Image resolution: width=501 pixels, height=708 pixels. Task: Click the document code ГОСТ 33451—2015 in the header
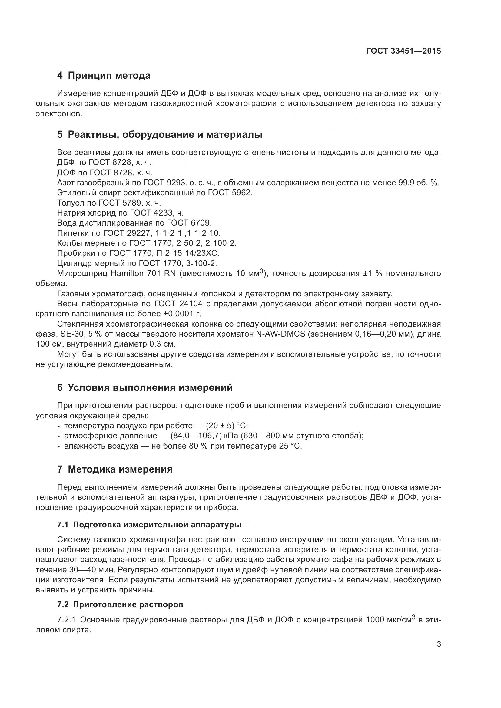403,51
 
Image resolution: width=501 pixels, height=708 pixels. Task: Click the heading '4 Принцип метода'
104,75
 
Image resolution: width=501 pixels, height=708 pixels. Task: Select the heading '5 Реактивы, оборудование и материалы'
160,134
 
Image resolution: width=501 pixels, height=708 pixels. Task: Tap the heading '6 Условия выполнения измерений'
145,387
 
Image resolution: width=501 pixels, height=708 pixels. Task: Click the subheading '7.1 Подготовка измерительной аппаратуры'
149,525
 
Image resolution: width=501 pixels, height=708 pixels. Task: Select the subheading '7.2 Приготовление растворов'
120,604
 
